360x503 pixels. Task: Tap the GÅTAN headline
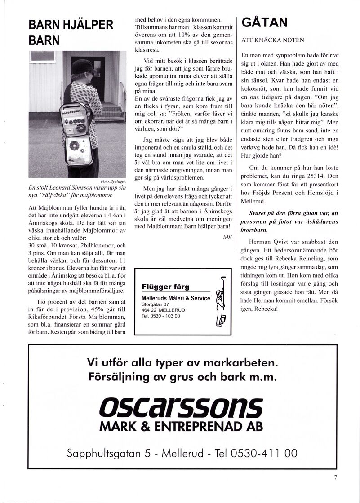coord(265,22)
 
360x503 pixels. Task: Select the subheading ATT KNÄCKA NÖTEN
coord(272,40)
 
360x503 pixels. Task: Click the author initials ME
coord(227,237)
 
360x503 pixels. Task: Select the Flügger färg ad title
coord(165,287)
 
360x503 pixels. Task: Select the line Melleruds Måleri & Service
coord(175,298)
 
